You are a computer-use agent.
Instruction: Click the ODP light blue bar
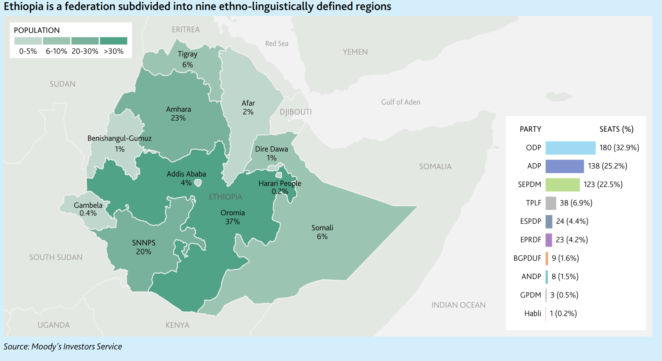[570, 148]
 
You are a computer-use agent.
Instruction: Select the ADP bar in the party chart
[564, 166]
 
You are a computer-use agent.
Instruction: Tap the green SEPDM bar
[562, 185]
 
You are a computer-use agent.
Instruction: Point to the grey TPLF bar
[551, 203]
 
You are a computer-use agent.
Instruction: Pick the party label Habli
[532, 313]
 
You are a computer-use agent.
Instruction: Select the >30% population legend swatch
[113, 41]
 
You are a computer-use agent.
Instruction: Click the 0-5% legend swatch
[28, 41]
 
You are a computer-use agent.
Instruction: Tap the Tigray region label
[188, 54]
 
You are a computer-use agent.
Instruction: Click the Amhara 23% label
[178, 114]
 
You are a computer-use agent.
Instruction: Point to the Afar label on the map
[248, 103]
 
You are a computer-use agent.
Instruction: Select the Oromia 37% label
[232, 217]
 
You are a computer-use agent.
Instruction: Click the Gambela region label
[88, 205]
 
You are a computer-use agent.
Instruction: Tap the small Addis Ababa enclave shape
[198, 183]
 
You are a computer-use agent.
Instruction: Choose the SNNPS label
[143, 243]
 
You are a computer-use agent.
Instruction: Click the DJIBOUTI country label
[295, 112]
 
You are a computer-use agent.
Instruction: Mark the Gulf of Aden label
[400, 102]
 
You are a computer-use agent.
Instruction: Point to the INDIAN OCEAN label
[458, 305]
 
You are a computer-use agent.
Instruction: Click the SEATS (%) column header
[616, 129]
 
